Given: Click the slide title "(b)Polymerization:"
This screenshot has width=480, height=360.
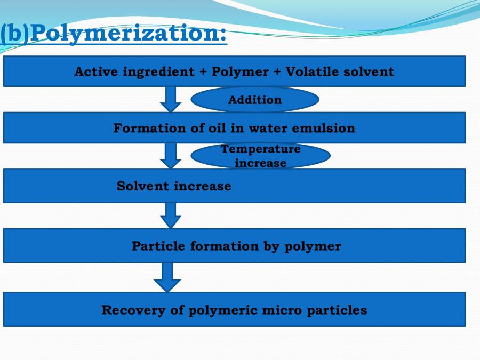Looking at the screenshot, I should point(114,34).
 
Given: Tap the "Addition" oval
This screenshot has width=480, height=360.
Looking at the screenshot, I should point(255,100).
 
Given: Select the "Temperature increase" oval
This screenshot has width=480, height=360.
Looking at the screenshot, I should point(261,156).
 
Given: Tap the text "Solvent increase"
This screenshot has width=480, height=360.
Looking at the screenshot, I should point(174,186).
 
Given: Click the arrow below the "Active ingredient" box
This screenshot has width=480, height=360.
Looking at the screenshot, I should point(171,99).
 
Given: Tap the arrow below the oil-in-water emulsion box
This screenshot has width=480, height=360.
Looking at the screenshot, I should point(171,155).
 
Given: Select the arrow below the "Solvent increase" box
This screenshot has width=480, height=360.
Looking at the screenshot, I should point(171,215).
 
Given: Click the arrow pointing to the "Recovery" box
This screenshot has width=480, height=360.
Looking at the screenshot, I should point(167,277).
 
